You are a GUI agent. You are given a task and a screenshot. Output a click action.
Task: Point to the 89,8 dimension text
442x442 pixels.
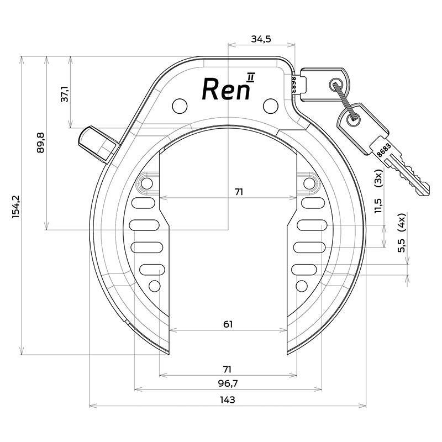40,144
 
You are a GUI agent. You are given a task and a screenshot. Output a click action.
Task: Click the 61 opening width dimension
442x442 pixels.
227,324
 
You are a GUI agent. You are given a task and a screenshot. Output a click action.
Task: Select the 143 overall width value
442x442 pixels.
227,399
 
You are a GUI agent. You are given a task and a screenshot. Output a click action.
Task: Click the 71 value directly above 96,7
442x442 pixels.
227,369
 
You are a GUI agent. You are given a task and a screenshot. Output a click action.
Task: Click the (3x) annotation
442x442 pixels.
378,178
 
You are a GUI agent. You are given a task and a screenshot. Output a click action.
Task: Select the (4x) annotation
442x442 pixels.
402,222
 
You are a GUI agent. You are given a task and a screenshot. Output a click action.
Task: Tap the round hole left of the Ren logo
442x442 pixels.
179,104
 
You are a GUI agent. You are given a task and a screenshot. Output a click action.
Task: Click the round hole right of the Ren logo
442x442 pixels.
269,104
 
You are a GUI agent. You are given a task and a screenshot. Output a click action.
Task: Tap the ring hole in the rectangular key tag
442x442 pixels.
336,85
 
